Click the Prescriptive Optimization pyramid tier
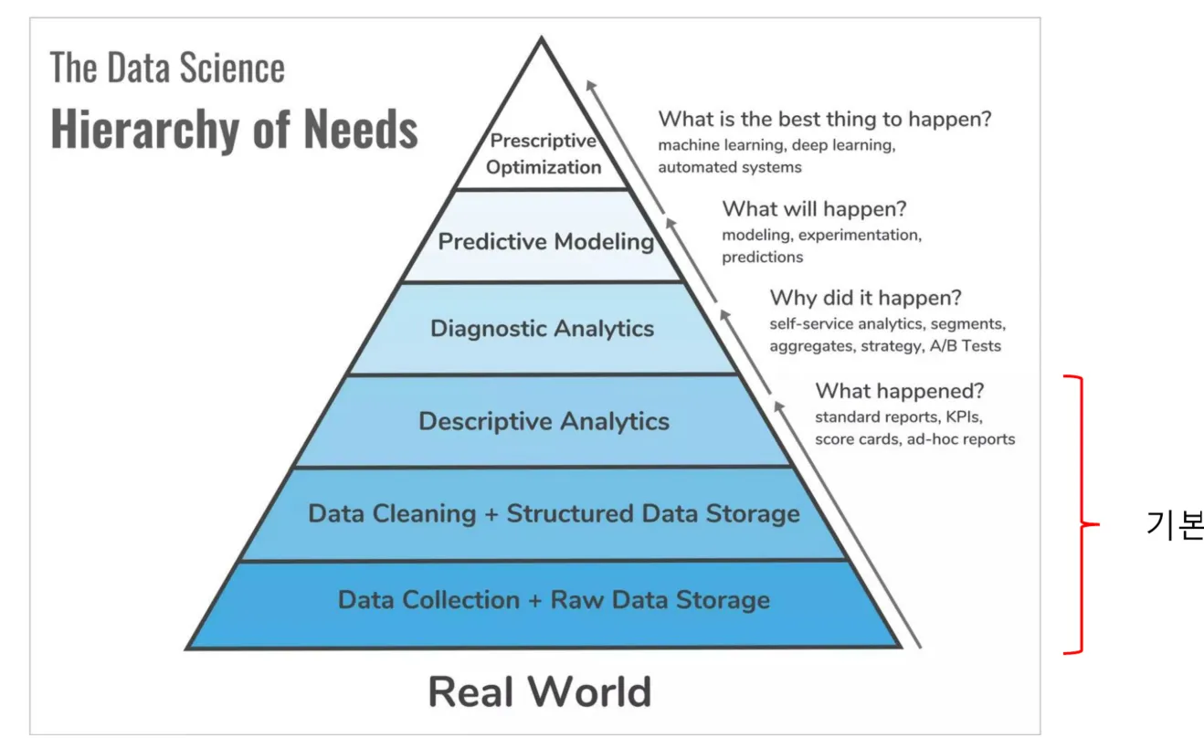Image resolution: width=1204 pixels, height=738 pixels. click(544, 154)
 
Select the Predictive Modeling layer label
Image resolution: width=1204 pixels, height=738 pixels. click(545, 242)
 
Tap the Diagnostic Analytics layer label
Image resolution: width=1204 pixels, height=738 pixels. click(543, 329)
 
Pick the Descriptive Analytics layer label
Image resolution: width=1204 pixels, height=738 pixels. click(544, 421)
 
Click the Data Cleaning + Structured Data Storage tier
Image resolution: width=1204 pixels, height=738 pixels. click(554, 513)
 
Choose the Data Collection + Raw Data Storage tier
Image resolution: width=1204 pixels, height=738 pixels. click(554, 600)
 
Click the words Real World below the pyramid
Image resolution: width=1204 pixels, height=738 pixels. click(540, 691)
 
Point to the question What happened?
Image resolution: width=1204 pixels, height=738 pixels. click(899, 391)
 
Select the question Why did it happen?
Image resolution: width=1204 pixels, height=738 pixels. click(865, 298)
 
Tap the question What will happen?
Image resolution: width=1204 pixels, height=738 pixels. click(814, 209)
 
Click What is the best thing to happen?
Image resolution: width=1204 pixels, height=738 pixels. click(825, 119)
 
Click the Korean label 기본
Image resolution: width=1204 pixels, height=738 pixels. click(1175, 525)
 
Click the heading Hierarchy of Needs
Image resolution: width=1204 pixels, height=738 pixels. click(234, 129)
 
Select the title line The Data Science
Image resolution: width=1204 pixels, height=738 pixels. click(167, 69)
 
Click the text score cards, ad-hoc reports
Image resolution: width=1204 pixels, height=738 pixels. click(914, 439)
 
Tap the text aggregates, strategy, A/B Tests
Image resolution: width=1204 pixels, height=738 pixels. click(884, 346)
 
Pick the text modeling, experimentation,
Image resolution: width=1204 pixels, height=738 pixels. click(821, 235)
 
